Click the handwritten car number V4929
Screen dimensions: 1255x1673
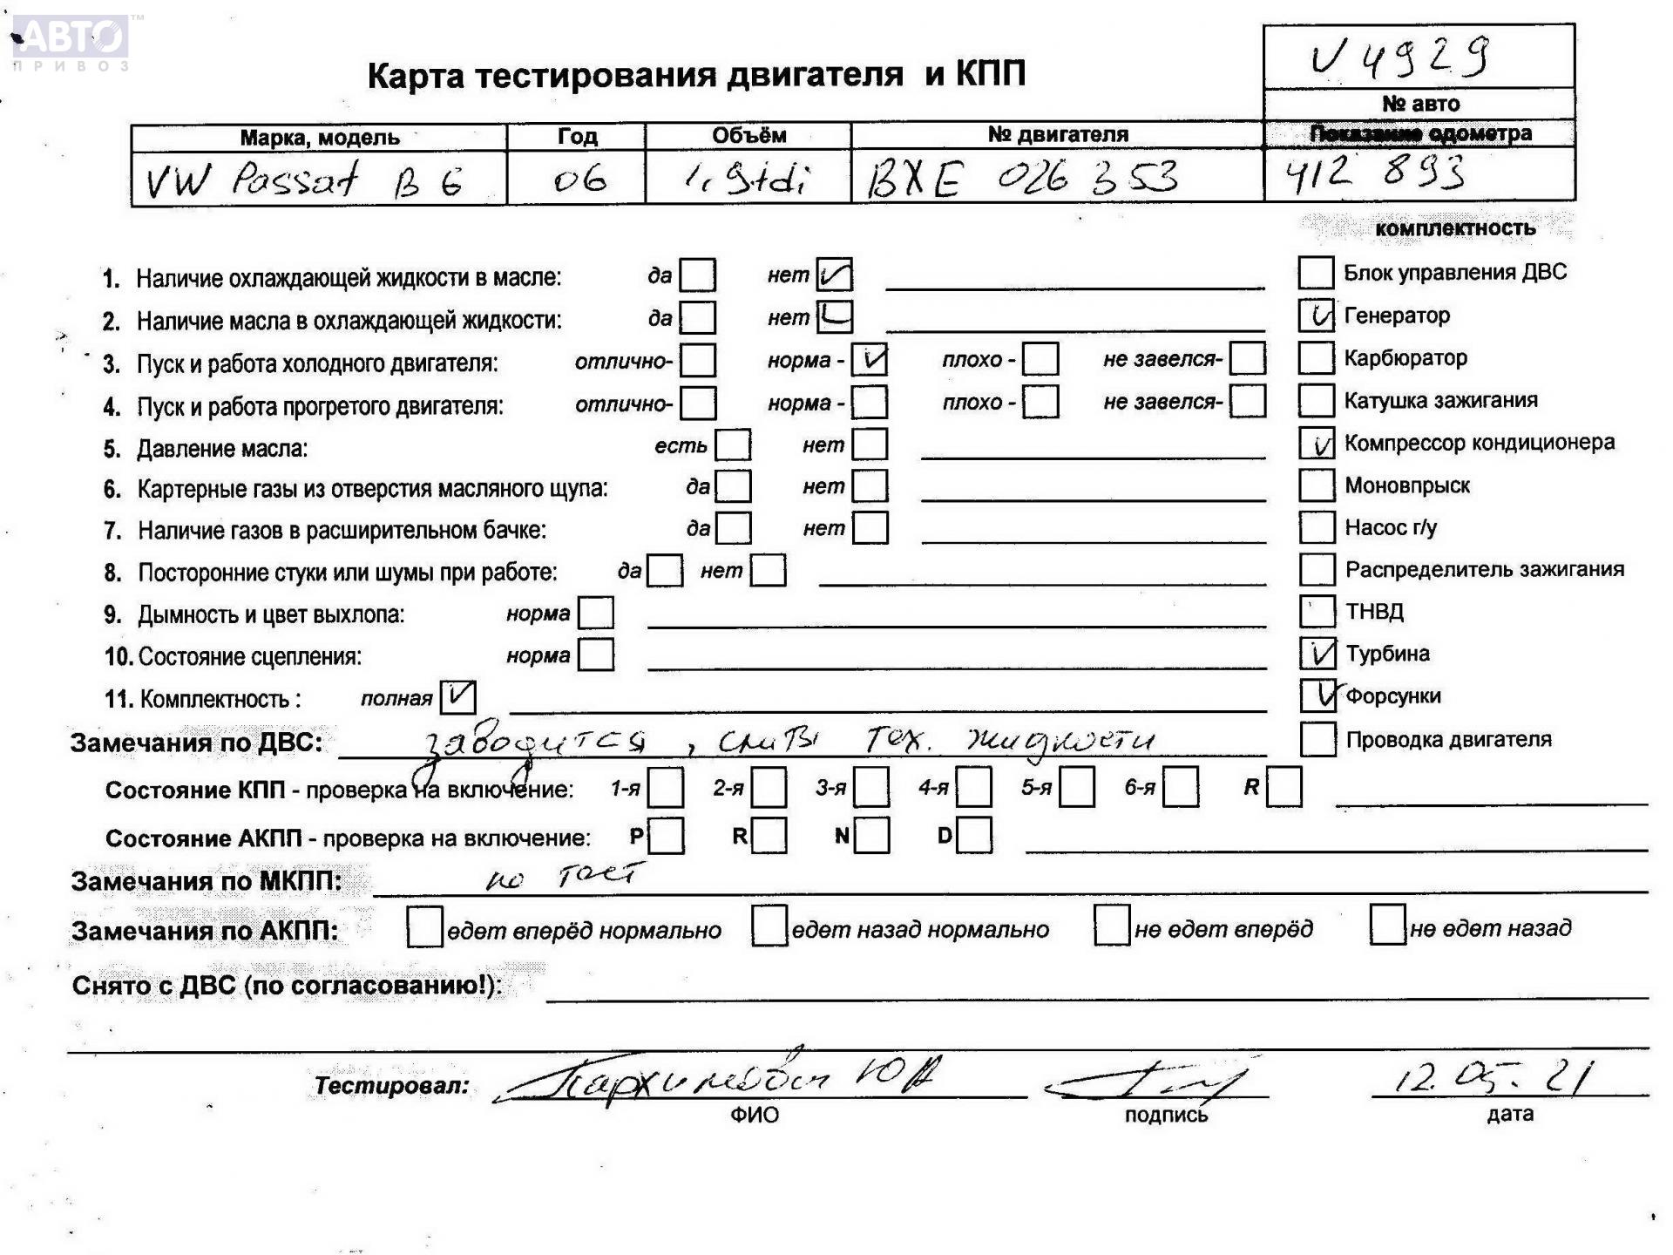[1400, 58]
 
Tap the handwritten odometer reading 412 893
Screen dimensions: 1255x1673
[1375, 173]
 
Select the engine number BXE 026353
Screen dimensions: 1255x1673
[1022, 179]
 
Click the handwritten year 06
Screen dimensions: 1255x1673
[579, 180]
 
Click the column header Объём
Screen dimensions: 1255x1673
[748, 135]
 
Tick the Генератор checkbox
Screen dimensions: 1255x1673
[1316, 315]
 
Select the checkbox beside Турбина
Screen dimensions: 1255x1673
[1317, 653]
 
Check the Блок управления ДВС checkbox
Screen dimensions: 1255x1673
[1316, 272]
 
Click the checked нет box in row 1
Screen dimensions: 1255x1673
[834, 275]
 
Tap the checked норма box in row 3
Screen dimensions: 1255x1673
[870, 359]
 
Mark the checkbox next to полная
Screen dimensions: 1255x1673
[457, 696]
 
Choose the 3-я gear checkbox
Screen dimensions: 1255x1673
[871, 788]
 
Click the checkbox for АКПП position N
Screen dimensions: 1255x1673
[871, 836]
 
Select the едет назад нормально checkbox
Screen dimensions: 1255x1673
[769, 926]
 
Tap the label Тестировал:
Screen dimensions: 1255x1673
[391, 1086]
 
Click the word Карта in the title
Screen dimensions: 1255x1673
[415, 77]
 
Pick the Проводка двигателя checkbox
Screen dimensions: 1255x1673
[1317, 739]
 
